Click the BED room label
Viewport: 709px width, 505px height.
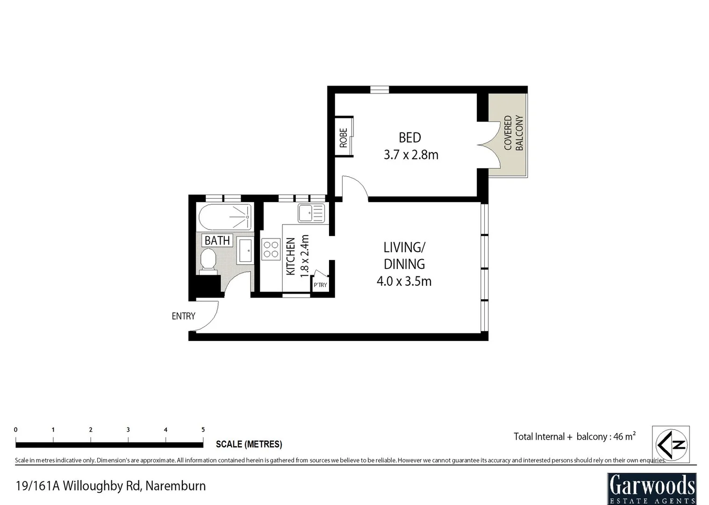(x=409, y=137)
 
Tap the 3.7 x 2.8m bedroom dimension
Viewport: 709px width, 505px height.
(x=411, y=155)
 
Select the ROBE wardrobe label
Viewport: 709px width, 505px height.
(x=344, y=138)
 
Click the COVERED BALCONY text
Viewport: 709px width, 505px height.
(x=513, y=133)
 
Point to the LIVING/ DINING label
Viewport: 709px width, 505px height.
(x=404, y=255)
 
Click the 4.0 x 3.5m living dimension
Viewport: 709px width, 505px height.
(x=404, y=281)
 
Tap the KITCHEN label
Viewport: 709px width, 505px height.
(x=290, y=256)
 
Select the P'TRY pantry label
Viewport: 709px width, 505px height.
(x=320, y=285)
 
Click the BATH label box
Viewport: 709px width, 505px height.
(x=217, y=240)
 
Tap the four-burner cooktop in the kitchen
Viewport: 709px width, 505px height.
(x=271, y=249)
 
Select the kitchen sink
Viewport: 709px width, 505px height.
(x=311, y=214)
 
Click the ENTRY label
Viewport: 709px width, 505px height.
(x=183, y=316)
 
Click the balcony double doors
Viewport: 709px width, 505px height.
(x=489, y=145)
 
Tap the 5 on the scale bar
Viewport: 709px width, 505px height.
(x=203, y=430)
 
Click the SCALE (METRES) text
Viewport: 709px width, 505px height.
(x=249, y=444)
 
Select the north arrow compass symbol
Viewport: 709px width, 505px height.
(x=671, y=444)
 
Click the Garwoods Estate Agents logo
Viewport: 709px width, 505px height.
(x=652, y=488)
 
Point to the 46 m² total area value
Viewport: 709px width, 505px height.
(x=624, y=436)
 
